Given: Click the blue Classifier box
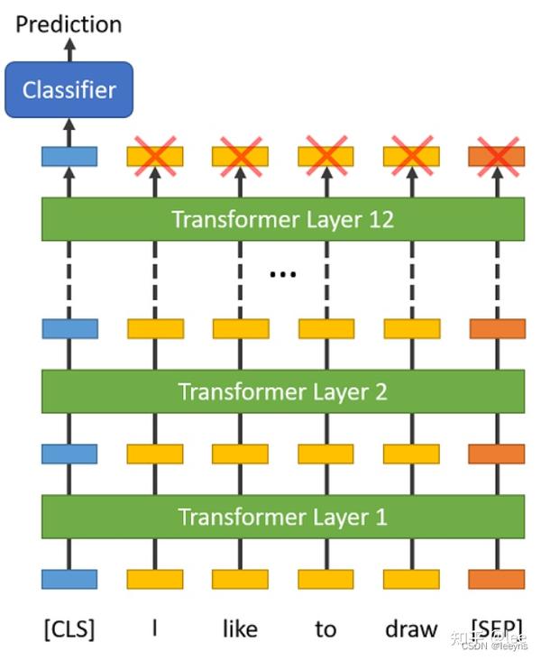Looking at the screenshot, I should click(x=69, y=89).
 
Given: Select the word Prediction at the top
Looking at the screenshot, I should click(x=69, y=23).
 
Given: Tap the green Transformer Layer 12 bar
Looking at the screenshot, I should click(x=282, y=219).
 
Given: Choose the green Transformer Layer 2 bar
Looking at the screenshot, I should click(x=282, y=391).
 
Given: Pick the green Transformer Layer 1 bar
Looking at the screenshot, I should click(x=282, y=517).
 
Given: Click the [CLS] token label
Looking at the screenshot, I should click(x=69, y=628).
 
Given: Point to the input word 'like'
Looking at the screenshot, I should click(x=240, y=628).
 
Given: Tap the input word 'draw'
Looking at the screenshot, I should click(x=411, y=628).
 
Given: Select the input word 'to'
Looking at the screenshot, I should click(x=326, y=628).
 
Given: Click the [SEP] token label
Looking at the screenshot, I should click(x=496, y=628).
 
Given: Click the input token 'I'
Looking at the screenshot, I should click(x=154, y=628).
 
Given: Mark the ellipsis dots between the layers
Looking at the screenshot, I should click(x=282, y=273).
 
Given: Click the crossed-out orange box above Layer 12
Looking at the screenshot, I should click(x=497, y=156).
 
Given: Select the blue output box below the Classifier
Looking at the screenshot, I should click(x=69, y=156).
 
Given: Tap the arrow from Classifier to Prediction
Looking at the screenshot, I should click(x=69, y=50).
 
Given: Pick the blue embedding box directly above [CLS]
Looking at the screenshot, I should click(x=69, y=579).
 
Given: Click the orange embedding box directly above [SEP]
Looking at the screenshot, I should click(x=497, y=579).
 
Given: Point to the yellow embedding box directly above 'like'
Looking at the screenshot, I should click(x=240, y=579).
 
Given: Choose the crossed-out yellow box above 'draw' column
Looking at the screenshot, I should click(x=411, y=156).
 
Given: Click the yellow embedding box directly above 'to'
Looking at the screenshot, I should click(x=326, y=579).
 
